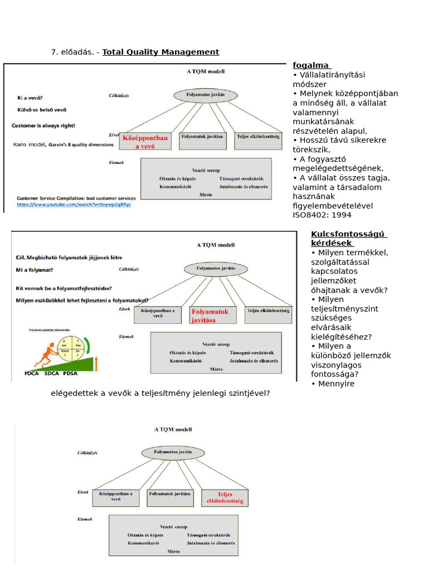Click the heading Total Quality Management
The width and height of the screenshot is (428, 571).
[x=160, y=52]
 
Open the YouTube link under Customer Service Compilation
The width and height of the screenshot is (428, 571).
[x=74, y=205]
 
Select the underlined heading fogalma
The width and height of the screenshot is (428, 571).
[x=310, y=65]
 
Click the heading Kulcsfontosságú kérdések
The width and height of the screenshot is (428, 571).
[x=349, y=238]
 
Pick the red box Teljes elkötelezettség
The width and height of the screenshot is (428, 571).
[x=225, y=497]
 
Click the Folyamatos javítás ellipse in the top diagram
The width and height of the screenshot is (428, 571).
[x=206, y=95]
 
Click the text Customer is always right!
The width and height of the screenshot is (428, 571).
[x=43, y=126]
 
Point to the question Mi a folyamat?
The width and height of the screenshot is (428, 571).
[x=35, y=270]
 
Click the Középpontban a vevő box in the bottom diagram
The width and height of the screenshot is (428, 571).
[x=115, y=496]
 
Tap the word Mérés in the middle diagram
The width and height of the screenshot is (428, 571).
[x=216, y=369]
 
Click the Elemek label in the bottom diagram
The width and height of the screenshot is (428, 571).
[x=85, y=519]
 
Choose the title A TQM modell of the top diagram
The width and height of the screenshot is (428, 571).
[x=205, y=71]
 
